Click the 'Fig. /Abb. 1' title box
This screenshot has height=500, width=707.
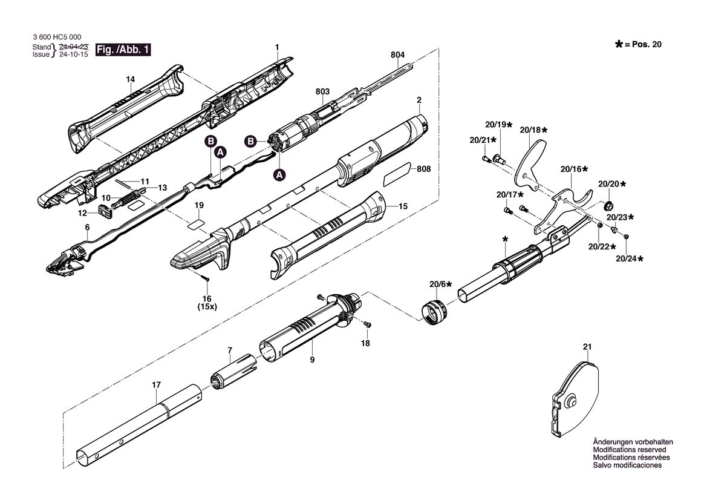tap(123, 50)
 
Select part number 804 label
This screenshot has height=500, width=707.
tap(398, 54)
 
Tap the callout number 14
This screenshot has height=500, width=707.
tap(130, 79)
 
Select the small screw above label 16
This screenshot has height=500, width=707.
tap(206, 278)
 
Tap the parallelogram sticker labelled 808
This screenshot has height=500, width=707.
tap(397, 174)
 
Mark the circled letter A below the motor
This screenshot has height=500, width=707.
tap(280, 174)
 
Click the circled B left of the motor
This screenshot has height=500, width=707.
tap(250, 141)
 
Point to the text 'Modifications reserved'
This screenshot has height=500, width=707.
tap(630, 450)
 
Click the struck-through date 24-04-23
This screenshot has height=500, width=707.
tap(74, 47)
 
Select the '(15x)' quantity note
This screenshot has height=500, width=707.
tap(207, 306)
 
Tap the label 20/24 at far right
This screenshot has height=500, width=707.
tap(630, 258)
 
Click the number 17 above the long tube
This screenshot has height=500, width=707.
tap(156, 385)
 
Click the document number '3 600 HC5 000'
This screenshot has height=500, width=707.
tap(57, 38)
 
